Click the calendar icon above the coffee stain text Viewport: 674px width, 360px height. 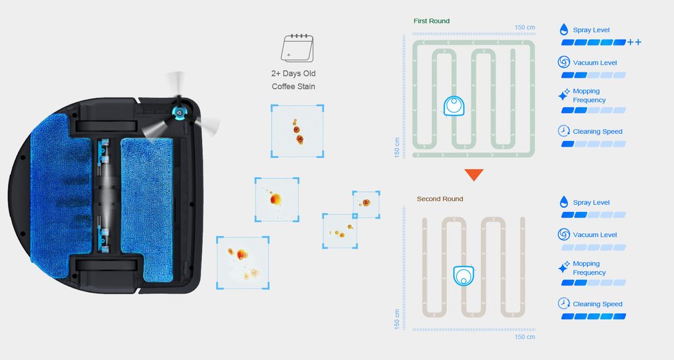(297, 48)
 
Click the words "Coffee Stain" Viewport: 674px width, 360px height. (293, 86)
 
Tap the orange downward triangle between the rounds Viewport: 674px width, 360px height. (474, 174)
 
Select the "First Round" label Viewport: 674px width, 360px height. (431, 20)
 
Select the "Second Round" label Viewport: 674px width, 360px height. (440, 199)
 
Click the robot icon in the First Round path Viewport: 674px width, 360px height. (454, 106)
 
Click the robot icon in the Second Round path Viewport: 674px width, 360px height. (464, 276)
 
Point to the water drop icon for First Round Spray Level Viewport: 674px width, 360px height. (563, 29)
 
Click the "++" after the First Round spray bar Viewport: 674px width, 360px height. (634, 42)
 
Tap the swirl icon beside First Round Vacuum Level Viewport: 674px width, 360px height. (563, 62)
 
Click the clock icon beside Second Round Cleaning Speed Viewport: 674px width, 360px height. (563, 303)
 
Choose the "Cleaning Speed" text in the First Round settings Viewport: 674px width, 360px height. (598, 132)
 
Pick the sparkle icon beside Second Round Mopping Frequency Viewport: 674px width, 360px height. (563, 267)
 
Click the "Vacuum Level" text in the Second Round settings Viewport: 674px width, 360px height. (594, 235)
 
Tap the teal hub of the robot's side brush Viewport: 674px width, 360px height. (178, 112)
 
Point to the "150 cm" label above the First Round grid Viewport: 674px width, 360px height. (525, 28)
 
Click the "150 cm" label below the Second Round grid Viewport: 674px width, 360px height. (525, 337)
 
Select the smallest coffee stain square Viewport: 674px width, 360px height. (366, 205)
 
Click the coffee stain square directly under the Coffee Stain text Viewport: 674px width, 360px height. (297, 131)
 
